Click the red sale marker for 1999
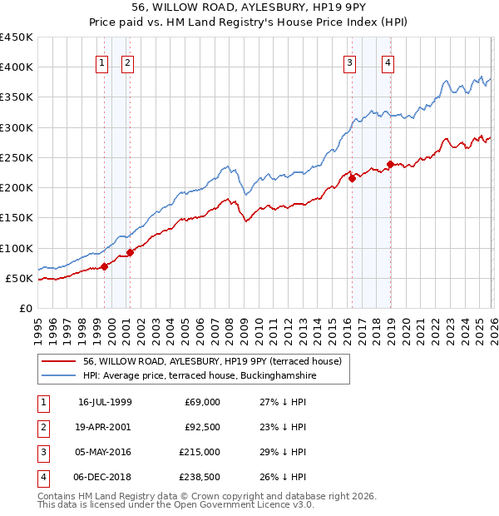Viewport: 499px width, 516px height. click(104, 266)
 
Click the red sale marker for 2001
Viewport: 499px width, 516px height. click(130, 252)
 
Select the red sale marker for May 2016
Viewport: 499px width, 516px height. click(352, 178)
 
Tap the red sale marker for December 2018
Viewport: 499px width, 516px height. click(390, 164)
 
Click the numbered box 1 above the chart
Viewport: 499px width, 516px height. click(101, 62)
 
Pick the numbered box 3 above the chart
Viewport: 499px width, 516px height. click(350, 62)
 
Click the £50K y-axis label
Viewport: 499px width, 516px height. click(20, 278)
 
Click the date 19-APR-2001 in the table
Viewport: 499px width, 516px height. click(105, 426)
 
